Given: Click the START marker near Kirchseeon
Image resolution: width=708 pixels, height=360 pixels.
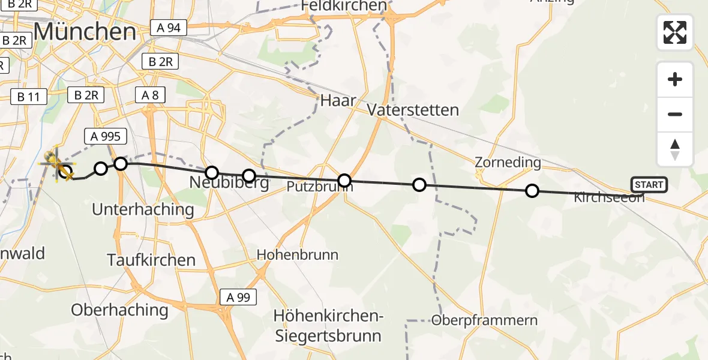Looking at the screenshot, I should (x=649, y=185).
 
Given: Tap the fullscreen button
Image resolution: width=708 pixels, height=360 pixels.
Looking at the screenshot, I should (x=675, y=32).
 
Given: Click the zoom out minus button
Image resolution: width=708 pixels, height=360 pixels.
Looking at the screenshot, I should (x=675, y=114).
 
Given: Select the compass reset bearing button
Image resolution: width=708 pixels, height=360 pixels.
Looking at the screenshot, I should (x=675, y=149).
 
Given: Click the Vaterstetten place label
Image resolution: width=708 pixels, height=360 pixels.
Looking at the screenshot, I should (x=413, y=110).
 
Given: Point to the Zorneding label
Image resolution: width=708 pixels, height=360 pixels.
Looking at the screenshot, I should (x=508, y=162).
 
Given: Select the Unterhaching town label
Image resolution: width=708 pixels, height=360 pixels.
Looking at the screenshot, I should (x=143, y=209).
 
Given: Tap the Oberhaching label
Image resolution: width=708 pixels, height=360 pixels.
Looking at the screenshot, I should (x=119, y=310).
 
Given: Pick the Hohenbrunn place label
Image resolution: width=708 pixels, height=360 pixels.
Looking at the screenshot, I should (x=298, y=254).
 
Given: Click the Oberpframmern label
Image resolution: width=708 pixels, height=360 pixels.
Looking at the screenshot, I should (x=485, y=320).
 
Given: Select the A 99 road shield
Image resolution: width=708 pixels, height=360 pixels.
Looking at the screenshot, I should (x=238, y=296).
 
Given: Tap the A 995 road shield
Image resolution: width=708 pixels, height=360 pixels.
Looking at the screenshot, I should (x=106, y=137).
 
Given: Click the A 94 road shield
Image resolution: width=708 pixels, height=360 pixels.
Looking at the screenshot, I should (x=169, y=28).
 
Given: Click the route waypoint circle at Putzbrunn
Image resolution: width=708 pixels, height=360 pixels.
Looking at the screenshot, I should (x=344, y=181).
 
